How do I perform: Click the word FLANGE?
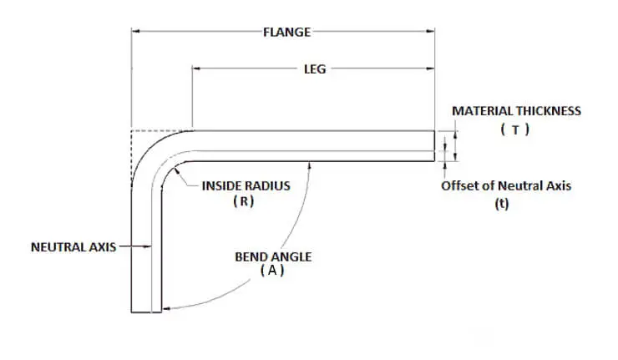286,32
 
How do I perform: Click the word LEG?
314,69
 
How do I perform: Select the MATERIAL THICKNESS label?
516,110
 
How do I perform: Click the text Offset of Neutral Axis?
506,185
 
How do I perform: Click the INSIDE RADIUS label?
246,185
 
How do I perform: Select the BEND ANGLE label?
273,256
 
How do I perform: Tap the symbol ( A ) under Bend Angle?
272,271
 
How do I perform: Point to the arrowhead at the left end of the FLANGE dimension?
135,32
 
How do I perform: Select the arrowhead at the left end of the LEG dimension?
197,69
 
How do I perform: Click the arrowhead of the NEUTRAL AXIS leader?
147,246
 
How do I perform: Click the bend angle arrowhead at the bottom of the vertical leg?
165,309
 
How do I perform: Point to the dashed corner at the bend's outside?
134,132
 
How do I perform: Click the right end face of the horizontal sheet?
435,145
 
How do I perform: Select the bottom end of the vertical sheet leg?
146,312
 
